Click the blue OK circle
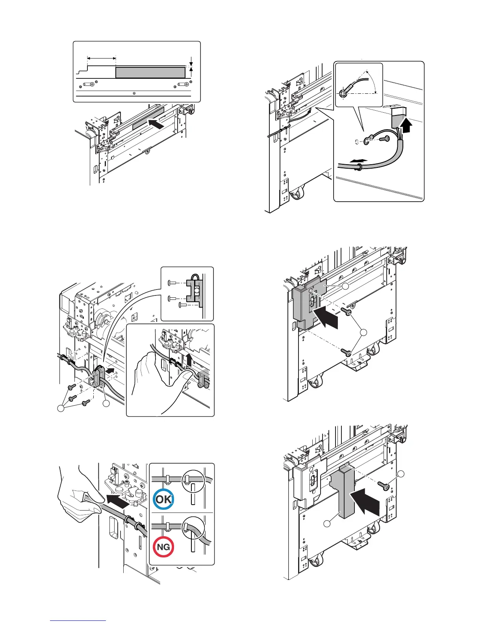163,499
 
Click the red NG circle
163,547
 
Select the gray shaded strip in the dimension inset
150,72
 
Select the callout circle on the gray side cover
345,287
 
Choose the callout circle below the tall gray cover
327,524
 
